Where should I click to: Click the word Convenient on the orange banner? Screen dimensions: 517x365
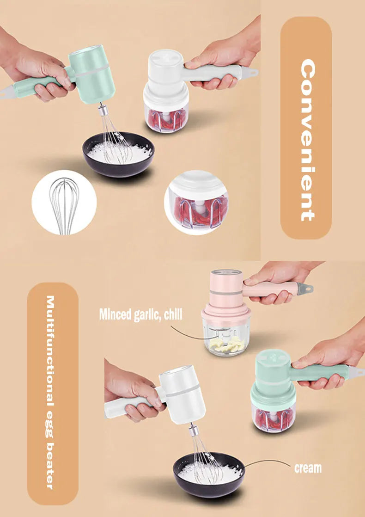[307, 141]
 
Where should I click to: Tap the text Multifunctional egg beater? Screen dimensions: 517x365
[52, 393]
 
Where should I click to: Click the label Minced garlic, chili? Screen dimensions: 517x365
[140, 315]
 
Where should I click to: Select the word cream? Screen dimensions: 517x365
[308, 468]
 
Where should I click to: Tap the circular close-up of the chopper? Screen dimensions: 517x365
[196, 202]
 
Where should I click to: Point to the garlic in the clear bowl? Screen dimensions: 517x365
[226, 344]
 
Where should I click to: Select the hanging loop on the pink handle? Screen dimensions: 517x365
[307, 288]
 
